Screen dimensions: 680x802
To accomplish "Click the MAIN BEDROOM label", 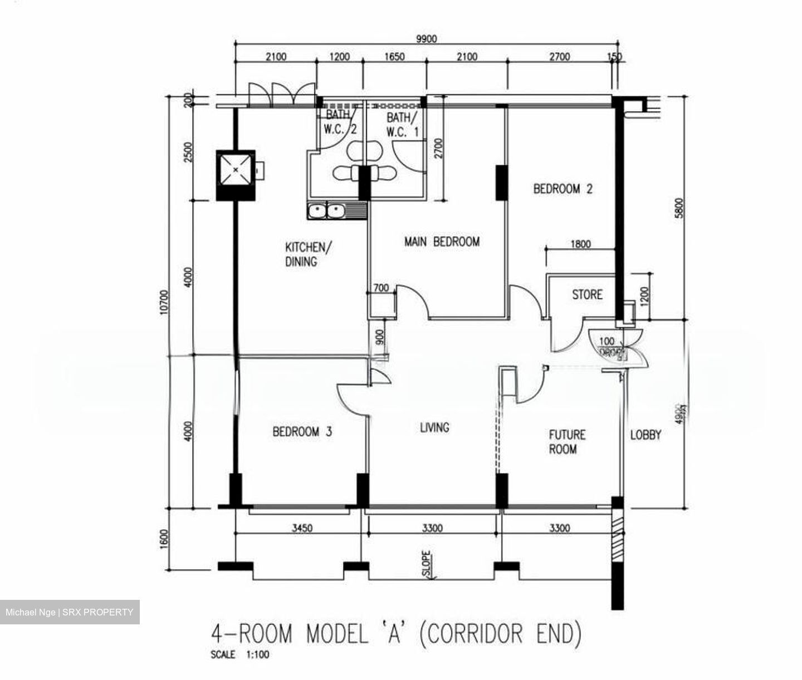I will point(442,242).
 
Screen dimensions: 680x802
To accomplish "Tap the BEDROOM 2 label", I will point(563,189).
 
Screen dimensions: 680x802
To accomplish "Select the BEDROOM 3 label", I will point(302,431).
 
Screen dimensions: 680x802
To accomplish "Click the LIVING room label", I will point(434,427).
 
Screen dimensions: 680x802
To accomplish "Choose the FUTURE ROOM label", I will point(567,442).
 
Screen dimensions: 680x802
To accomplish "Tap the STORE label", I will point(587,294).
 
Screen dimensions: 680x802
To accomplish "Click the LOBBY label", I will point(645,435).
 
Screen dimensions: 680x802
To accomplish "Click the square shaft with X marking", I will point(235,170).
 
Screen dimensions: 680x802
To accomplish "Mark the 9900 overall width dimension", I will point(427,38).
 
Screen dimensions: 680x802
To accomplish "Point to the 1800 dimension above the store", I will point(581,244).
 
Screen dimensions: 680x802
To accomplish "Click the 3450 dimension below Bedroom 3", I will point(302,528).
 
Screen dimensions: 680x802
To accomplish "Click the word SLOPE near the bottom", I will point(426,564).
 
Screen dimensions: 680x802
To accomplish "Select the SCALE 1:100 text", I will point(239,655).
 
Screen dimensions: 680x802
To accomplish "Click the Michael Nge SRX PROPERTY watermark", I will point(70,612).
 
